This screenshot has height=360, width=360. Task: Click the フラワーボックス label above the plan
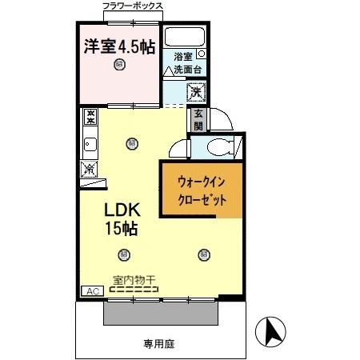[x=133, y=6]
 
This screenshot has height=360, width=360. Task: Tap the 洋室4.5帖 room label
[x=119, y=46]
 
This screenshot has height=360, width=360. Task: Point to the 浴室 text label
[x=183, y=57]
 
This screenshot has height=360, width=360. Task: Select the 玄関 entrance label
[x=198, y=120]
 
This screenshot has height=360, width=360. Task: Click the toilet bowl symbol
[x=216, y=146]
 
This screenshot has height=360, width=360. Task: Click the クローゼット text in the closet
[x=200, y=198]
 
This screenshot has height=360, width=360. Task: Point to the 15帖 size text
[x=122, y=229]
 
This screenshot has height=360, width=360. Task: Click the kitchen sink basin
[x=90, y=145]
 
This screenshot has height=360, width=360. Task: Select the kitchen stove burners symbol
[x=90, y=118]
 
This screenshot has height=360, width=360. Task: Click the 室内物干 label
[x=133, y=279]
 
